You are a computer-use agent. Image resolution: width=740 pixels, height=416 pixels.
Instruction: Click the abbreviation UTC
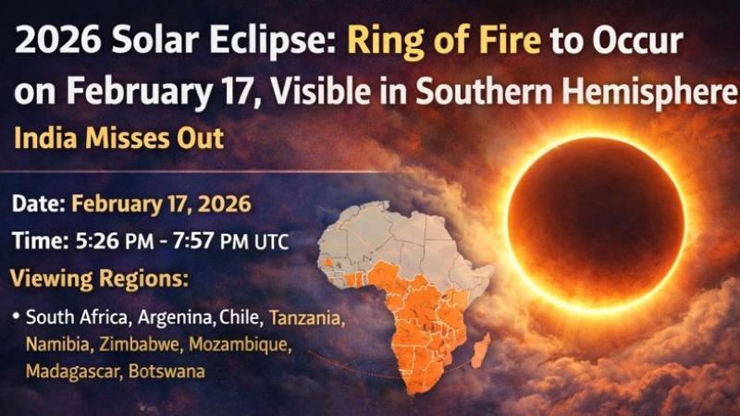pyautogui.click(x=270, y=242)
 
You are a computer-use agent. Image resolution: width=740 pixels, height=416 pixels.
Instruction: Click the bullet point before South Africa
pyautogui.click(x=16, y=318)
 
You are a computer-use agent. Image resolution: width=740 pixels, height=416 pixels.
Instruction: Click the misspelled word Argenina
pyautogui.click(x=179, y=318)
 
